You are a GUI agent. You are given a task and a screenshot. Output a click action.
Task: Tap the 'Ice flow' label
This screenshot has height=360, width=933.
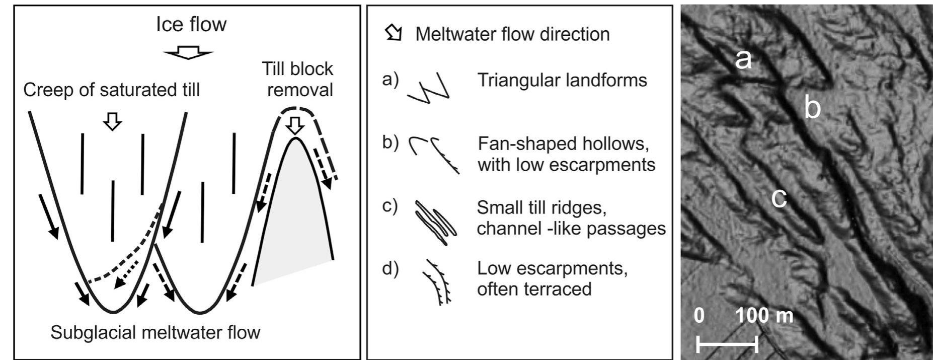coord(191,24)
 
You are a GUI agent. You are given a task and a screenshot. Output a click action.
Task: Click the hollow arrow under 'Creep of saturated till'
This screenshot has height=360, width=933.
coord(112,121)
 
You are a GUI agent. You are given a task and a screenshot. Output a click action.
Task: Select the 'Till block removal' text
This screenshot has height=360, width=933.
coord(297,79)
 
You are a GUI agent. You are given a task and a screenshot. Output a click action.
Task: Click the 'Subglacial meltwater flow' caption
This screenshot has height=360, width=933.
coord(155,332)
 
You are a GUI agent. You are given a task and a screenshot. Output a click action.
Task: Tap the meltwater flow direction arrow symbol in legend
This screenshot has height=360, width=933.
coord(394,33)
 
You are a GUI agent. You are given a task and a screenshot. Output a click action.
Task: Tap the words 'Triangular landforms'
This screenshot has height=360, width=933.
coord(562,80)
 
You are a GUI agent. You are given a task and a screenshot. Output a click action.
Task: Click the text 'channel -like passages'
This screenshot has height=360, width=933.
coord(571,228)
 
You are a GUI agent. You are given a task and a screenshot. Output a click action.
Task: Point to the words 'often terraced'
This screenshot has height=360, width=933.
coord(534,289)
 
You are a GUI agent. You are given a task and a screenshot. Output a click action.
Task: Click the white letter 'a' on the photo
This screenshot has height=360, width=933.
coord(743,60)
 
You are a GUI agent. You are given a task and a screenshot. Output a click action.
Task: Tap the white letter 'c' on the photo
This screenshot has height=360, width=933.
coord(779,198)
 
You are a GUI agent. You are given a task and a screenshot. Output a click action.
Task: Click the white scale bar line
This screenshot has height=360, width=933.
coord(727,344)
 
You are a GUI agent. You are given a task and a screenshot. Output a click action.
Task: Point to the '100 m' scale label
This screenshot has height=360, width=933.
coord(764,316)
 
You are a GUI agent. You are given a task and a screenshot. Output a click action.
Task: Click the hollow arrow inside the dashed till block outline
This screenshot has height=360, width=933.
coord(296,124)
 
